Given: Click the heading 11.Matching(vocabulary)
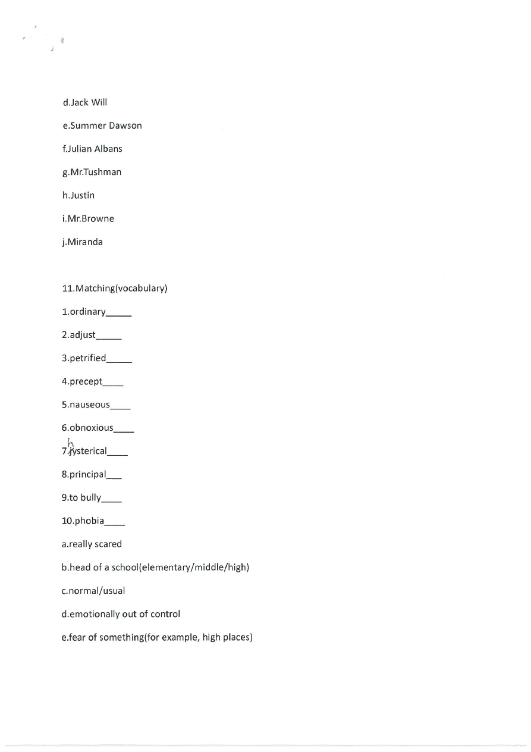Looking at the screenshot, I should tap(115, 289).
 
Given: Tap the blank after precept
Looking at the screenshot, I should tap(113, 384).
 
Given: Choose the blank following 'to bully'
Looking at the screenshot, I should tap(112, 500).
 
